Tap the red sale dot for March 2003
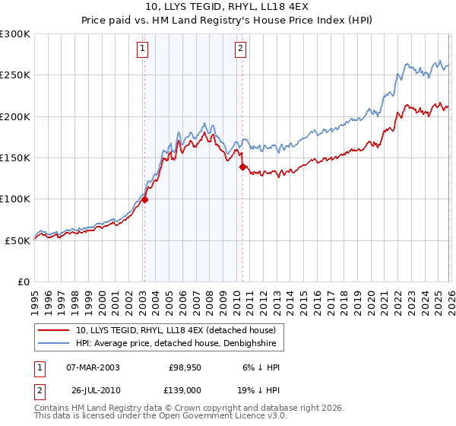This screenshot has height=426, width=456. click(x=144, y=200)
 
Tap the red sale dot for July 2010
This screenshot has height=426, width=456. click(x=242, y=167)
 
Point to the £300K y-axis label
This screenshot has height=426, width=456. click(x=15, y=34)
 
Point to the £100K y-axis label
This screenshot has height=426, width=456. click(x=15, y=199)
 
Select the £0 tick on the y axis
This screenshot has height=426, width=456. click(x=24, y=281)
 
